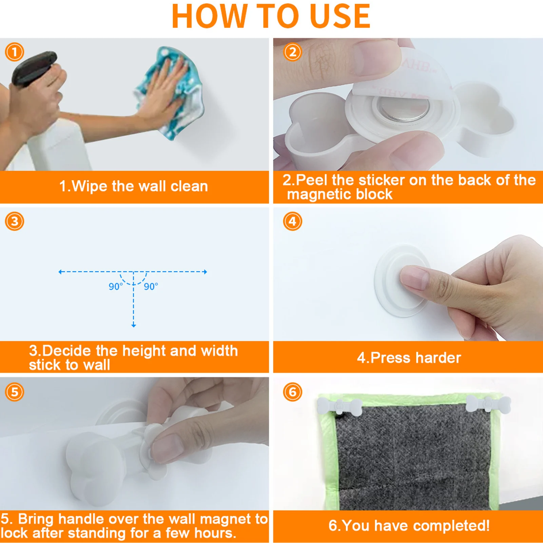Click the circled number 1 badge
coord(15,52)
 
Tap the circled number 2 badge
coord(292,52)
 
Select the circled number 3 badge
coord(15,221)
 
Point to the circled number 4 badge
coord(292,221)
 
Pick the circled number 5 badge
coord(15,392)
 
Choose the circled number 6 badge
coord(292,392)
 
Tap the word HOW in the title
coord(210,16)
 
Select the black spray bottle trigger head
coord(34,68)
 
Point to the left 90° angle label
coord(116,287)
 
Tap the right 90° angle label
coord(151,287)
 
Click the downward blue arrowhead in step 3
coord(134,325)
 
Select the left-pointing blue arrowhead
coord(61,272)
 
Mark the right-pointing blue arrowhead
coord(205,272)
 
